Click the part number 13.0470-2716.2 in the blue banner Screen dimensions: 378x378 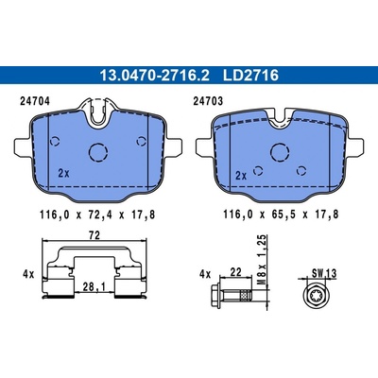(x=154, y=76)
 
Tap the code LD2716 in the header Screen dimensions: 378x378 (x=250, y=76)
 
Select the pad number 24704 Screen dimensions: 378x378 (x=35, y=101)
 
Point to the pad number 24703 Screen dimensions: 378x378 (x=208, y=101)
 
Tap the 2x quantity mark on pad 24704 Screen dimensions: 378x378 (x=64, y=173)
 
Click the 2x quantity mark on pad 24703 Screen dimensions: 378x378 (x=241, y=176)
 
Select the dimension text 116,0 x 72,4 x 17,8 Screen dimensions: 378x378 (x=97, y=215)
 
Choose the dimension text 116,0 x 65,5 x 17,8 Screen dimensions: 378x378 (x=281, y=215)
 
